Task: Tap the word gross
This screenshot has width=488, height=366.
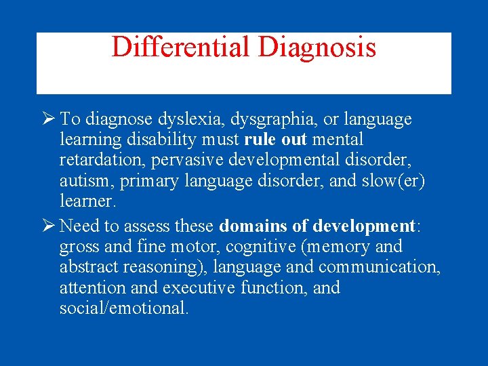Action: point(79,247)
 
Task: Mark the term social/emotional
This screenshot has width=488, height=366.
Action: point(124,308)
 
